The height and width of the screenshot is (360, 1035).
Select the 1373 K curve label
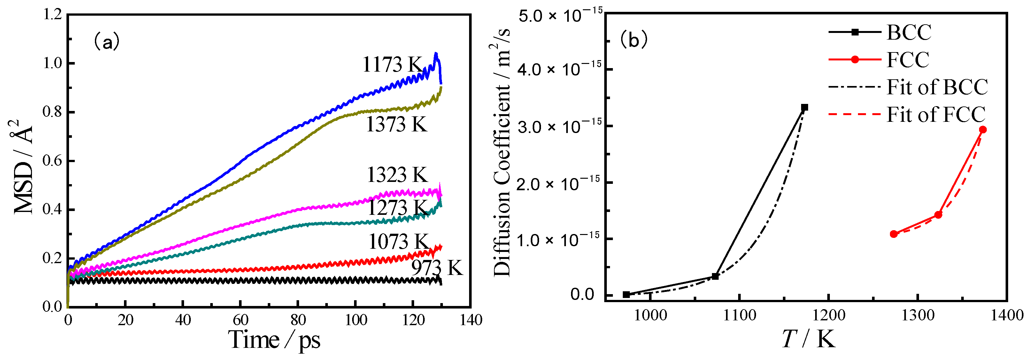(x=396, y=124)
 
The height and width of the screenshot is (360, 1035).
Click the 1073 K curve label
(x=398, y=241)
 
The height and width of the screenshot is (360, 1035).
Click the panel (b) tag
(x=634, y=40)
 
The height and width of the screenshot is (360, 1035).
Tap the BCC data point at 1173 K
(x=804, y=107)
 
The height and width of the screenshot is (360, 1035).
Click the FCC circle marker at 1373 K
(x=983, y=130)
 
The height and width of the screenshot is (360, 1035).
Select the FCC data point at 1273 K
(x=893, y=234)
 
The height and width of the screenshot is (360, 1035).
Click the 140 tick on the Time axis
(x=471, y=320)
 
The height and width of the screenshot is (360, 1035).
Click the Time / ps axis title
(x=274, y=340)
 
